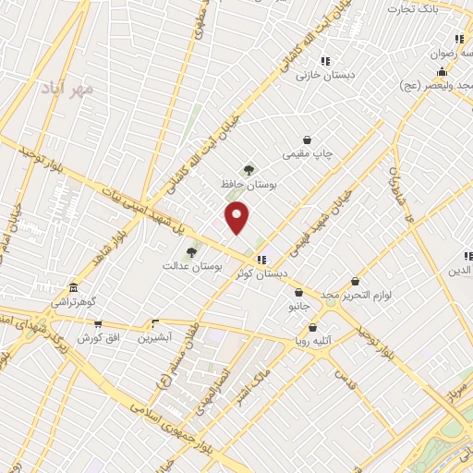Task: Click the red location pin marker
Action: [x=238, y=217]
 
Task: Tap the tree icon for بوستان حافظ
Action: [x=248, y=169]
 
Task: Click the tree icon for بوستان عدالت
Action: [x=191, y=250]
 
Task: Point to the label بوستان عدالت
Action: [x=183, y=266]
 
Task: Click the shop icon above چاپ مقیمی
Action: [x=307, y=140]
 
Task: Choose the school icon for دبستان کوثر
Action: [x=262, y=260]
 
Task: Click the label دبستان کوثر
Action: [x=262, y=274]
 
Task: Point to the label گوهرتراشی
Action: [x=72, y=302]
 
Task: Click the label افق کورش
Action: [x=99, y=338]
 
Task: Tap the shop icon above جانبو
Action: [x=297, y=292]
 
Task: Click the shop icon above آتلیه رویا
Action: [x=312, y=327]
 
